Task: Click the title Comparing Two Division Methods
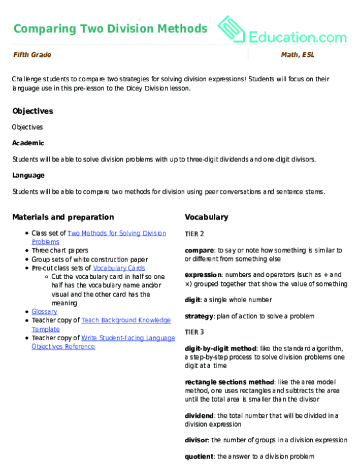point(110,28)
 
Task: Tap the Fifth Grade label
point(32,55)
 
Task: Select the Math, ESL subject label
point(297,55)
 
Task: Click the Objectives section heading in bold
point(32,111)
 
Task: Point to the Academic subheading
point(28,143)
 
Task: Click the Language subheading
point(28,174)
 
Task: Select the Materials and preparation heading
point(63,217)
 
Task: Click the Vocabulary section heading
point(206,217)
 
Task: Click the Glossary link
point(44,311)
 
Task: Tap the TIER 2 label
point(195,235)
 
